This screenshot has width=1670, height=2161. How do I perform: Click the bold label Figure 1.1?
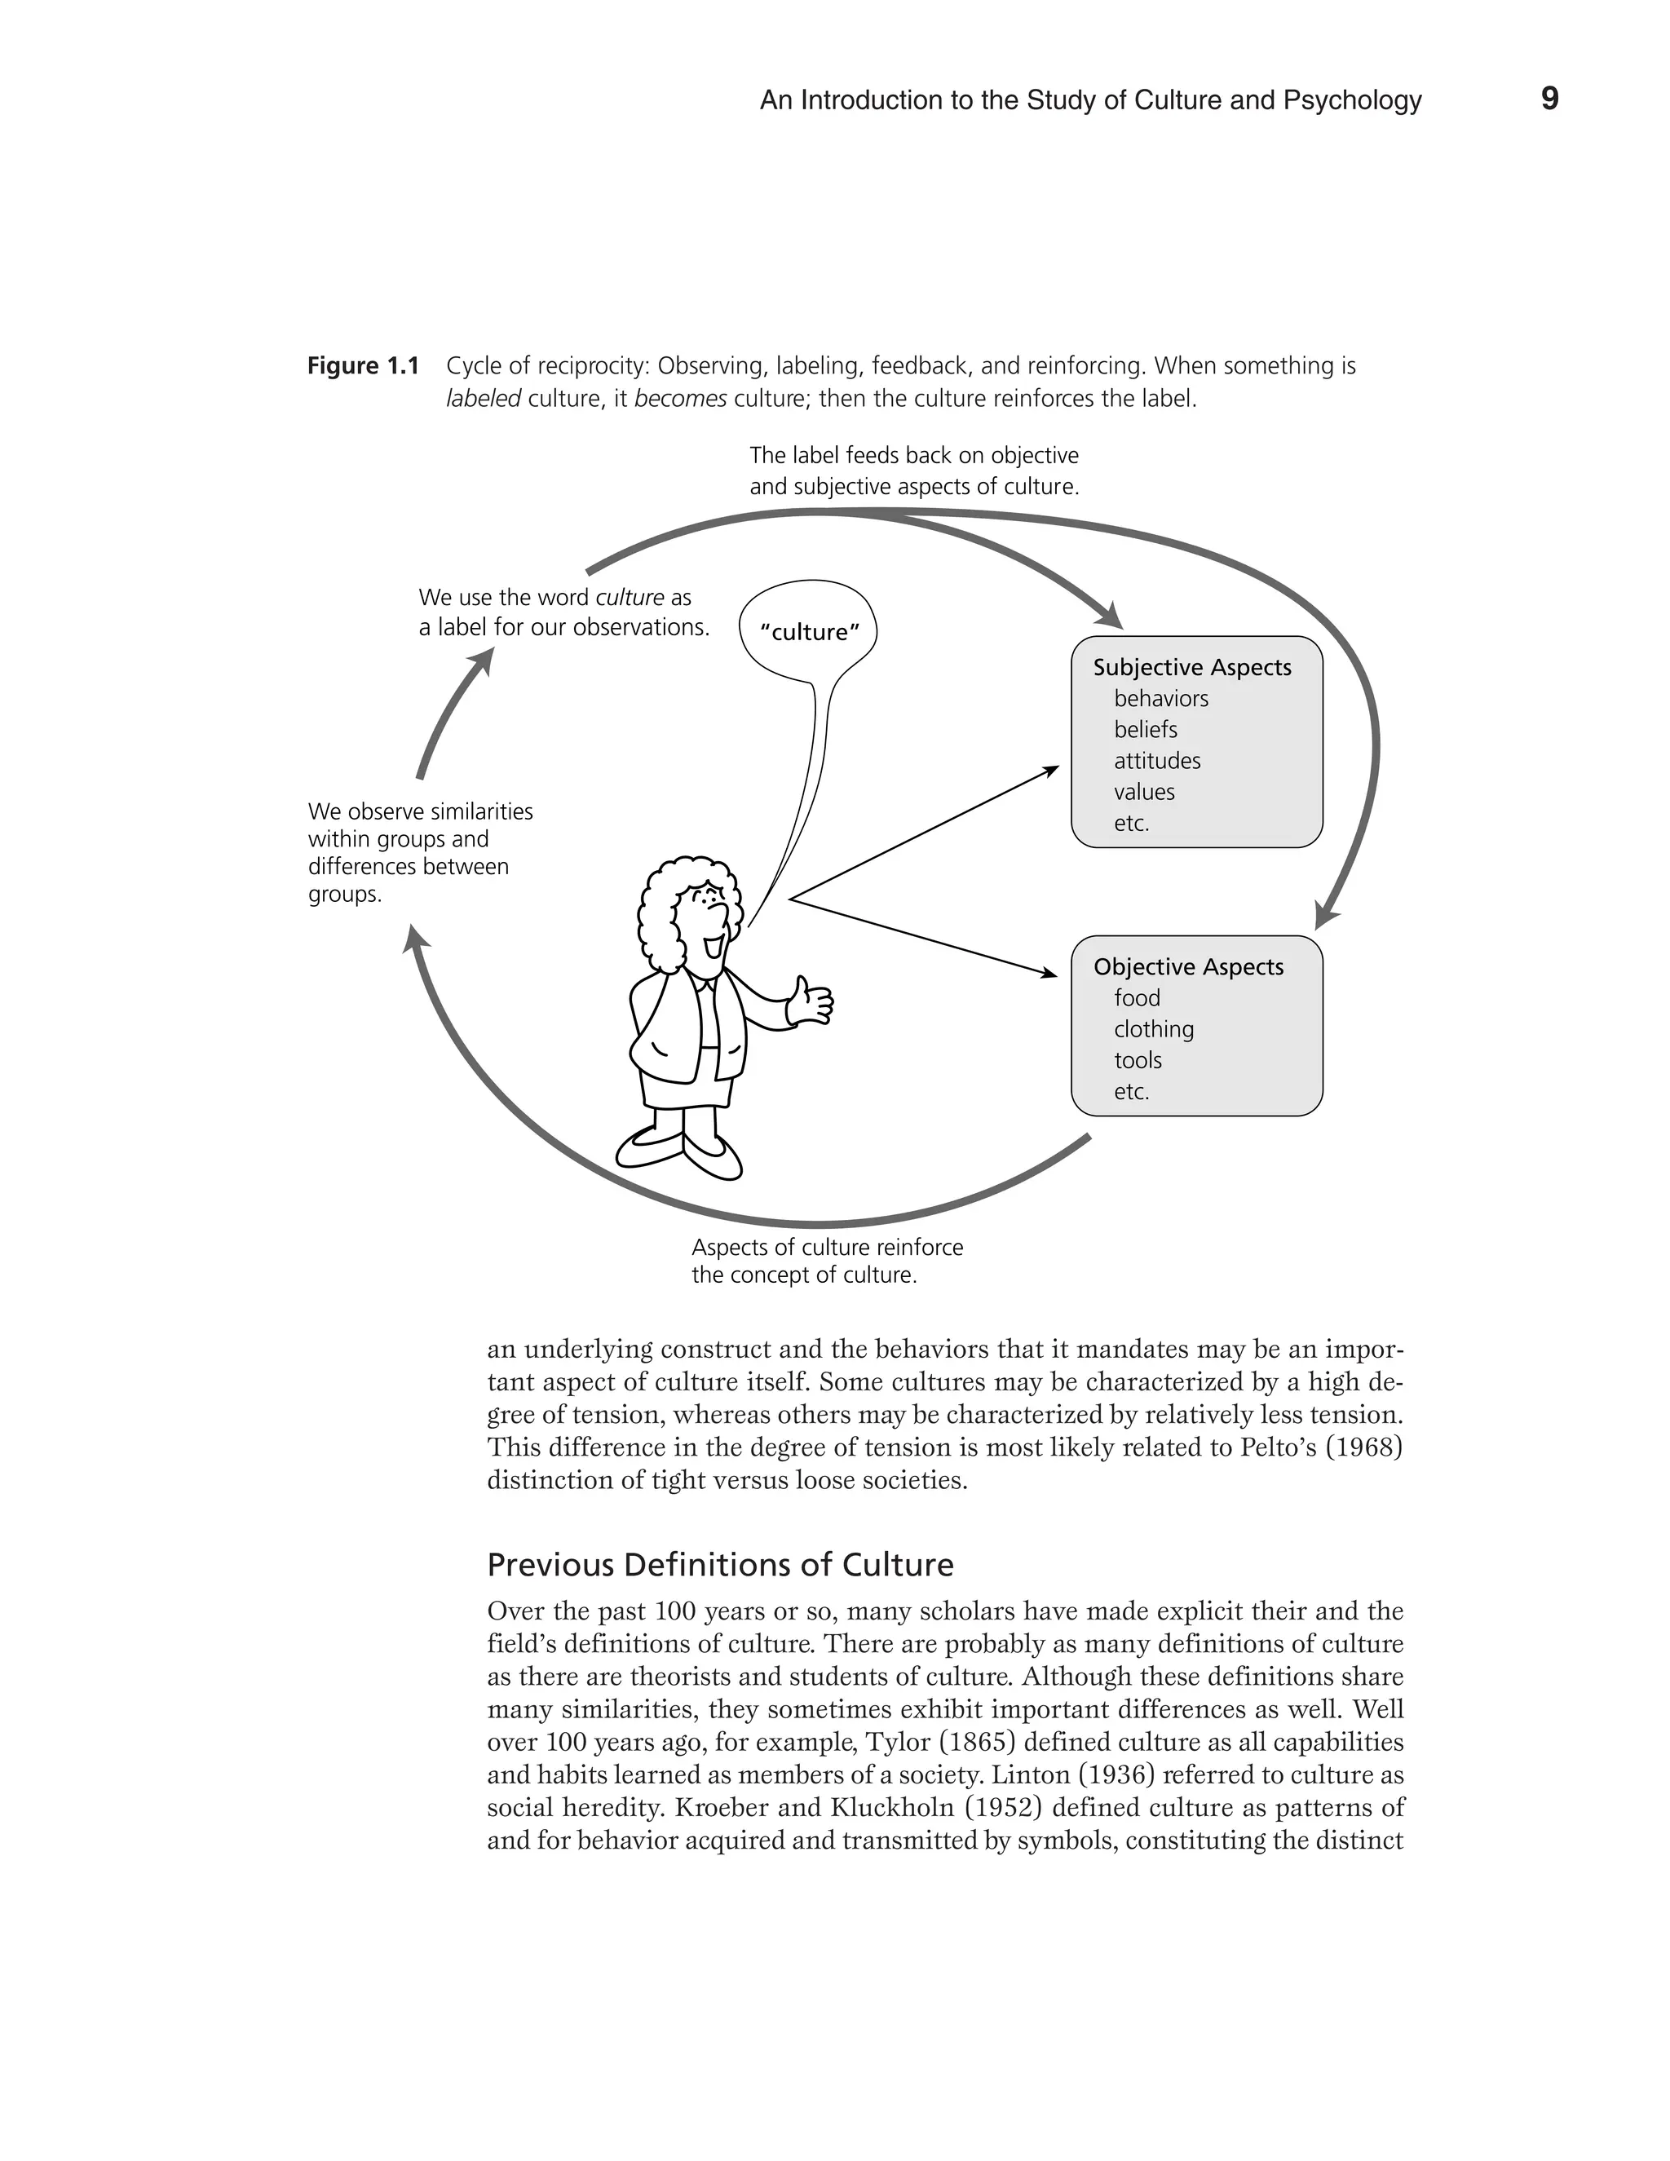click(x=363, y=366)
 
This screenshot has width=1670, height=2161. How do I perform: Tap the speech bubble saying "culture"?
click(x=808, y=632)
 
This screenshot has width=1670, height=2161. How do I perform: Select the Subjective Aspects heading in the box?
click(x=1192, y=668)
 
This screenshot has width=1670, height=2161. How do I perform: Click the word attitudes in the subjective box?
click(x=1156, y=761)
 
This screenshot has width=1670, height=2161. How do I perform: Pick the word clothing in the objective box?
click(x=1154, y=1029)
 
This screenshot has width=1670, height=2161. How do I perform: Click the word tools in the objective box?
click(x=1138, y=1061)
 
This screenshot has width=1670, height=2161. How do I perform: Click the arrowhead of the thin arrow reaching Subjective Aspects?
click(x=1053, y=769)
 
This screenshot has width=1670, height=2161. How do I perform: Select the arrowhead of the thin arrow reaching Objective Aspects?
click(x=1050, y=974)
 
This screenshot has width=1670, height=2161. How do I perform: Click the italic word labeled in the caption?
click(x=483, y=400)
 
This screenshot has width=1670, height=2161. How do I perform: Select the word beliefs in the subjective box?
click(x=1146, y=730)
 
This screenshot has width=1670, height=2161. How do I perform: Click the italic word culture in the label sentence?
click(x=630, y=598)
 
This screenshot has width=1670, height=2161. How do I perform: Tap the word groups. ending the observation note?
click(x=344, y=895)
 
